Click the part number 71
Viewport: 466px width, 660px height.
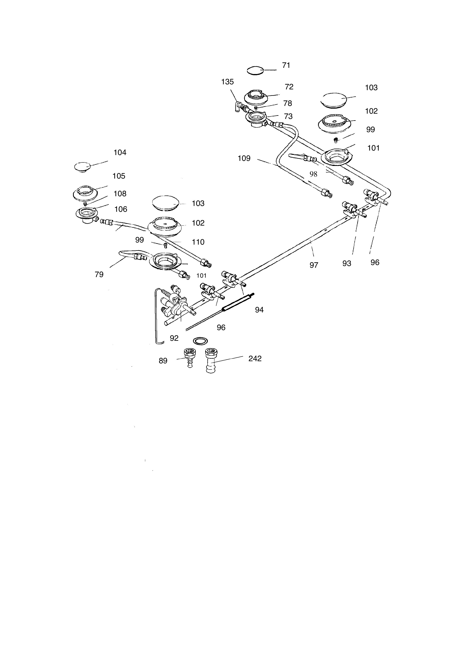point(286,65)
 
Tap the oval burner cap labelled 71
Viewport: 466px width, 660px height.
point(255,70)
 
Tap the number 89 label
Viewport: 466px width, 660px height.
point(163,361)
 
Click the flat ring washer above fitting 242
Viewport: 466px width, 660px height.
point(201,341)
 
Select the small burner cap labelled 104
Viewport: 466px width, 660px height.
point(83,167)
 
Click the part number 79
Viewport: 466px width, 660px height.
point(99,275)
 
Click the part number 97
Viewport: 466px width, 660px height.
point(314,265)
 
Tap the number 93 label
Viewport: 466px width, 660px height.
point(347,264)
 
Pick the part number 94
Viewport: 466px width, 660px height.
point(259,310)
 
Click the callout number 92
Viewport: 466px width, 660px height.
point(174,338)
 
